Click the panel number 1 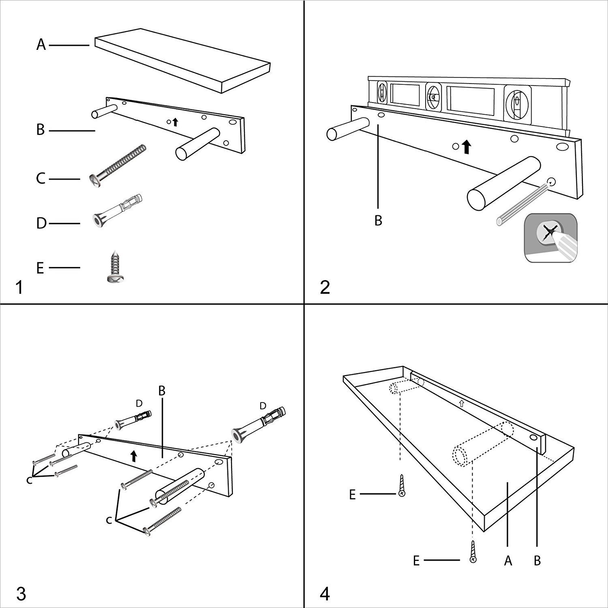19,288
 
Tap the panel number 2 325,288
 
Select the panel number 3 21,594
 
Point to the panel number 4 325,594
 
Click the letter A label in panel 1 41,45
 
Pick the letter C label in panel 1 41,178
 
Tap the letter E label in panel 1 40,268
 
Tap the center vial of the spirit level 433,98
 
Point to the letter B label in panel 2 378,221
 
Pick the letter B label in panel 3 162,390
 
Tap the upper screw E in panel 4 401,486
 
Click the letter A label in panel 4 508,561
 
